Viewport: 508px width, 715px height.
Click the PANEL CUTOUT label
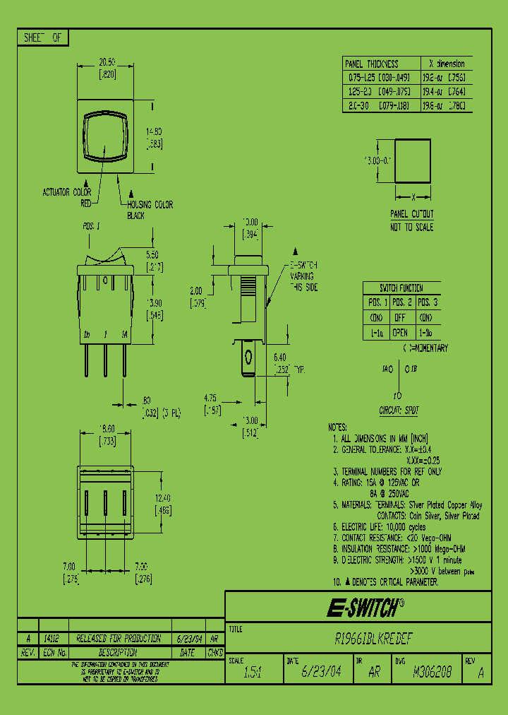[x=412, y=213]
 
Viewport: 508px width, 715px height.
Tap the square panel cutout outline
[x=412, y=161]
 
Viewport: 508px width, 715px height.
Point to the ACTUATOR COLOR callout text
[x=67, y=192]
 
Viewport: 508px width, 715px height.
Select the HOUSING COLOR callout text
[x=150, y=205]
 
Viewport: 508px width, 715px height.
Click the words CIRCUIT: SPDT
[x=400, y=410]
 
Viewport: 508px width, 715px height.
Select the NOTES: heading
[x=338, y=427]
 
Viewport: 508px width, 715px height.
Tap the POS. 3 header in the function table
[x=426, y=302]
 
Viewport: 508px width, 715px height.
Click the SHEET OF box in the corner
[x=43, y=38]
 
